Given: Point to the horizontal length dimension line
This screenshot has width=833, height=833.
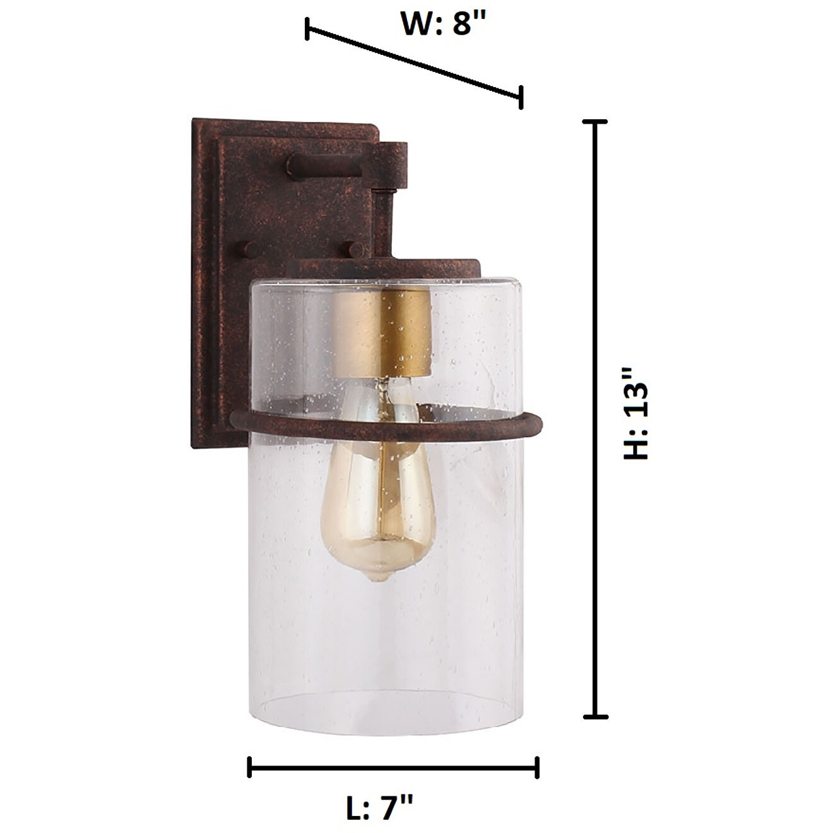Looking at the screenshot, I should point(393,767).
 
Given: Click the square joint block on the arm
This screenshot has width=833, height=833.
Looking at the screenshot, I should point(391,165).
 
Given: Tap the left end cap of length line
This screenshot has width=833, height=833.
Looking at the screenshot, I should point(250,767).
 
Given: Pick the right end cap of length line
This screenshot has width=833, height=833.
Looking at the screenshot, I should point(537,767).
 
